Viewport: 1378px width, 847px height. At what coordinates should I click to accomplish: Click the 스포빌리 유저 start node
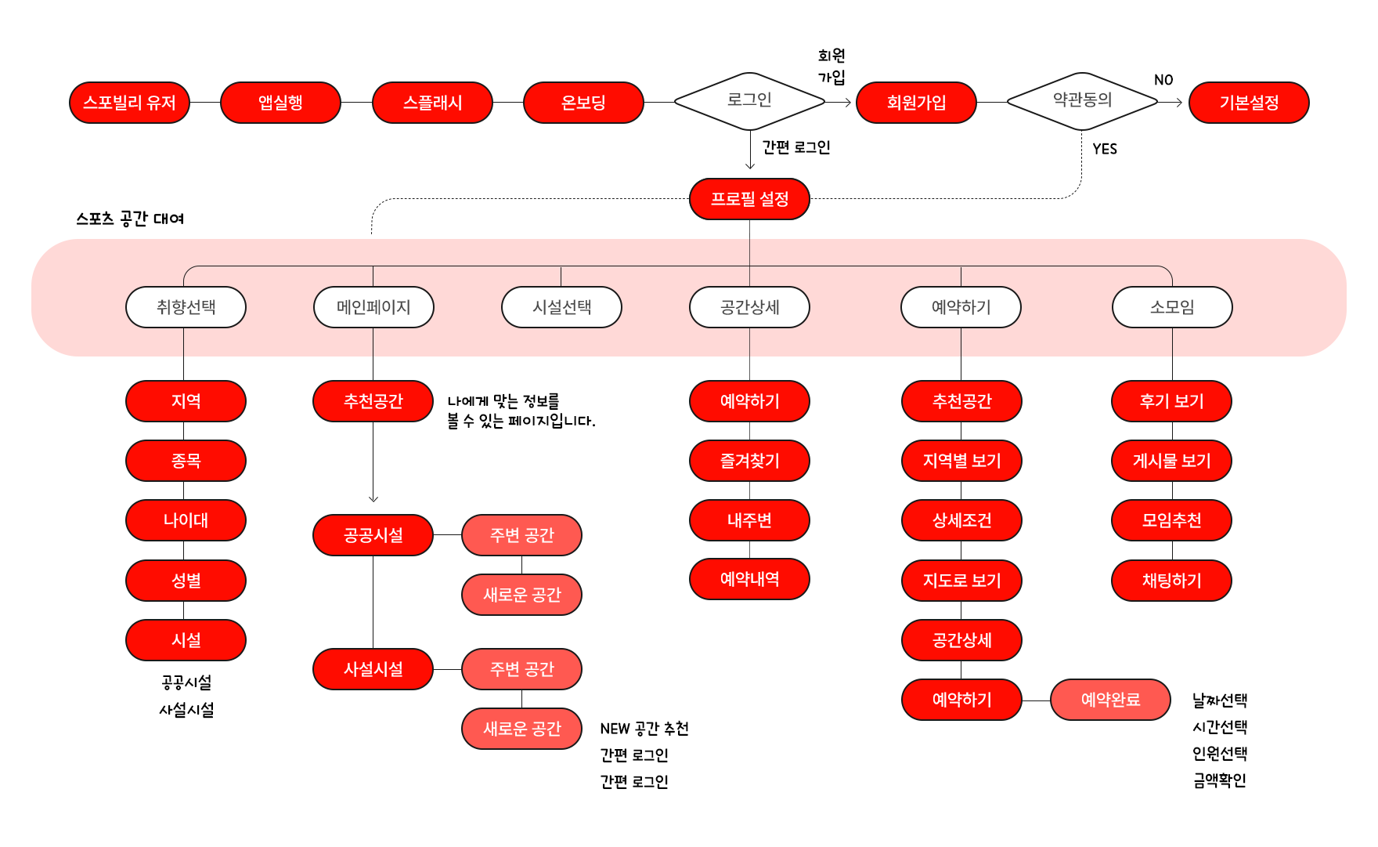click(x=129, y=103)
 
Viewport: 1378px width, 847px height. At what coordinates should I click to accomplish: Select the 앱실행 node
click(x=280, y=103)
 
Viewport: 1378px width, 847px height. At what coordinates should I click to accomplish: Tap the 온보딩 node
click(x=583, y=103)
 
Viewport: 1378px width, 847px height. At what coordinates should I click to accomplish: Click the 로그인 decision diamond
click(x=749, y=101)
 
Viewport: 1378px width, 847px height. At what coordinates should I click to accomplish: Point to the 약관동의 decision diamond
click(x=1082, y=101)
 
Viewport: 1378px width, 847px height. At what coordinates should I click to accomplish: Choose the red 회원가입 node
click(x=916, y=103)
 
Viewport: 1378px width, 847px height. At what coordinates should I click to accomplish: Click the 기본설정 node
click(x=1249, y=103)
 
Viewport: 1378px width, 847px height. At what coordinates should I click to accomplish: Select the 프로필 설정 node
click(x=749, y=199)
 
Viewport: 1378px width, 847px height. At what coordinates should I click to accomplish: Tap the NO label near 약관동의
click(x=1163, y=80)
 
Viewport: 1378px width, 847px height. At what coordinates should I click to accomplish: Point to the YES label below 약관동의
click(x=1105, y=149)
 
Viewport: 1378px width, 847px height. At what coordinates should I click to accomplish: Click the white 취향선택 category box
click(x=186, y=307)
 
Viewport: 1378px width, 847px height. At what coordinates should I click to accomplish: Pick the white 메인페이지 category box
click(x=373, y=307)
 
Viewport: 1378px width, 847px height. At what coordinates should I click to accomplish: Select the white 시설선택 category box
click(x=561, y=307)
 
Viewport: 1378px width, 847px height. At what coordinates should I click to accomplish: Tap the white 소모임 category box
click(x=1172, y=307)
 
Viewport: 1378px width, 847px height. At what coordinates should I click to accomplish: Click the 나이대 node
click(x=186, y=520)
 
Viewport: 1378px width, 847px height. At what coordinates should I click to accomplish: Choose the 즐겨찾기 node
click(x=749, y=461)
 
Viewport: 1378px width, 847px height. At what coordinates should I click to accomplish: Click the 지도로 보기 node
click(x=961, y=581)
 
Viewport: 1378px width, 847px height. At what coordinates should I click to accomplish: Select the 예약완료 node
click(x=1110, y=700)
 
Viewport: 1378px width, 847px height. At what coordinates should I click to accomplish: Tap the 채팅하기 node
click(x=1171, y=581)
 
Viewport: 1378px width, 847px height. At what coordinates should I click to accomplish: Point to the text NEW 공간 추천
click(x=644, y=729)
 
